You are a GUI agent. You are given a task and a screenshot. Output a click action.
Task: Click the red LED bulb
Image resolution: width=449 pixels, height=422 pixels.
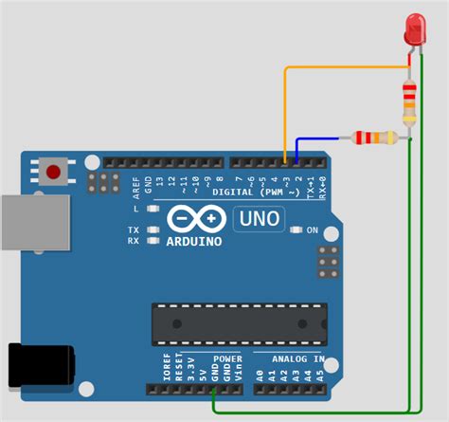(414, 28)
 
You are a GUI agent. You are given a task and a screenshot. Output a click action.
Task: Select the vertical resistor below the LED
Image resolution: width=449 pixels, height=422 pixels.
(409, 101)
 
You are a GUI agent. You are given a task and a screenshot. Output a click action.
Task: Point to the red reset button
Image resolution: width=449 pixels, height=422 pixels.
(54, 173)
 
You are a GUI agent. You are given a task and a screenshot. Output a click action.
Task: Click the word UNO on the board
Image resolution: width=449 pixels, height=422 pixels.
(257, 220)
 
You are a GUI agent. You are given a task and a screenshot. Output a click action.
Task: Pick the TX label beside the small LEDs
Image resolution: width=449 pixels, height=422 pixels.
(134, 230)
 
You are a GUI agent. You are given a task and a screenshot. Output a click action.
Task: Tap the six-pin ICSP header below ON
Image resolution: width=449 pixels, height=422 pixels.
(328, 262)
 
